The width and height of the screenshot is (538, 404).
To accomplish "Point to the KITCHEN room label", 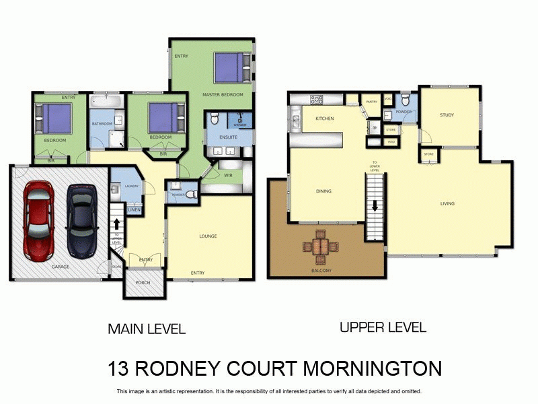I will tap(325, 119).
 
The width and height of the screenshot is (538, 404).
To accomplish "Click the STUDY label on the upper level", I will tap(447, 115).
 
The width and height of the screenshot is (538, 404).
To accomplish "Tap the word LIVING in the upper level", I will tap(447, 203).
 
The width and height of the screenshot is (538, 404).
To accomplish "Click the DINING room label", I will tap(323, 191).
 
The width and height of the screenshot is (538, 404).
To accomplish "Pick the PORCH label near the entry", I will tap(143, 283).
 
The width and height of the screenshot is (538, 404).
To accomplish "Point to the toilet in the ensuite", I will tap(215, 120).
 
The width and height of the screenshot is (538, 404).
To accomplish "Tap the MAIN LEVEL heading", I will tap(147, 329).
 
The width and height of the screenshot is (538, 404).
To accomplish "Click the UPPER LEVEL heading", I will tap(383, 328).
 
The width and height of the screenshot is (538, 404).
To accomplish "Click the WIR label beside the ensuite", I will tap(228, 174).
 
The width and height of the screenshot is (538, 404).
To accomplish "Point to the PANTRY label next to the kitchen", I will tap(371, 102).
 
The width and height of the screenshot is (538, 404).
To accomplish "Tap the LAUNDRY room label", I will tap(131, 186).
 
